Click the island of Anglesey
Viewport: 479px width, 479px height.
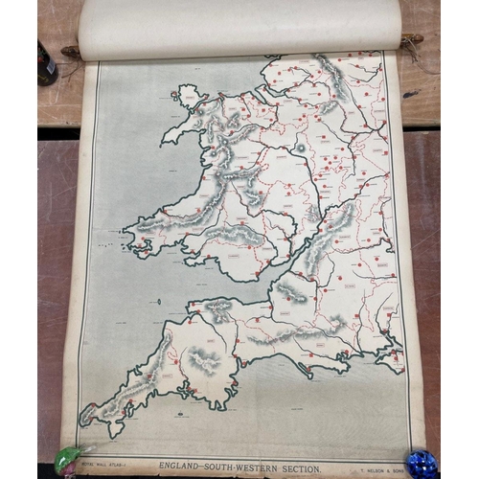187,96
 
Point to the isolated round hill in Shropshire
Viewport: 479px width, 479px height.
300,148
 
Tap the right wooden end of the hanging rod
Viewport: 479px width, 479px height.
412,40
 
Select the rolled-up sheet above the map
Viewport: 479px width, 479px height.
239,27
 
